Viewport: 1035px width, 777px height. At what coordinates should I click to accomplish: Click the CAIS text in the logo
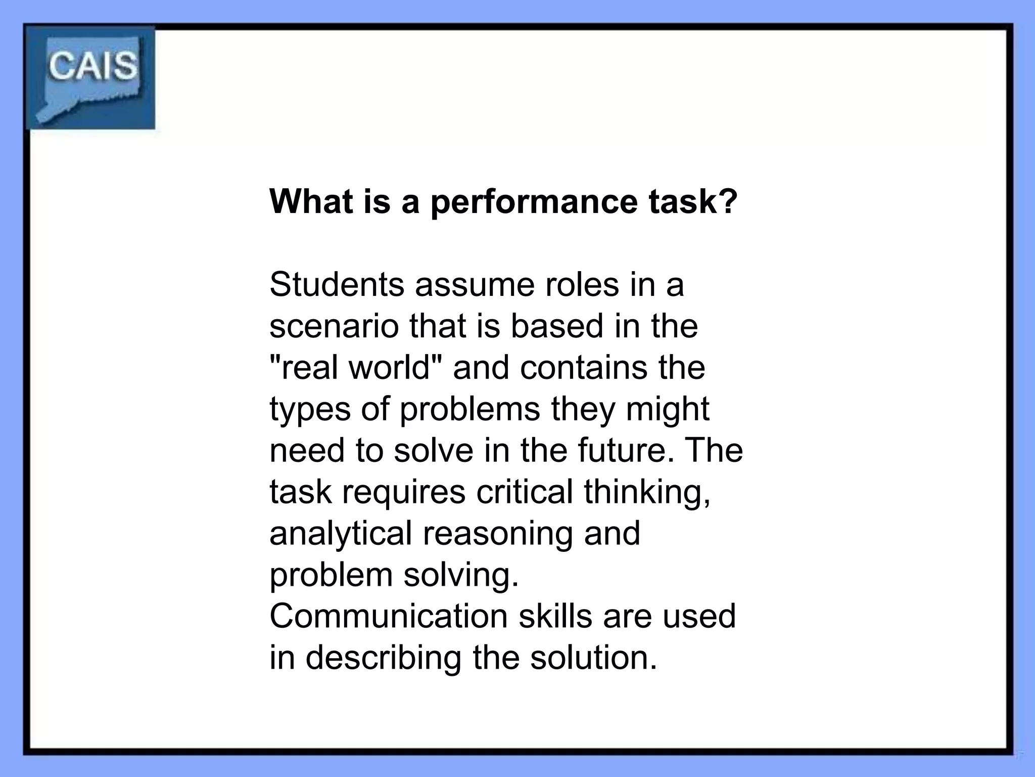point(92,66)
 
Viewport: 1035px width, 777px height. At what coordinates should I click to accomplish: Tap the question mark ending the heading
point(728,201)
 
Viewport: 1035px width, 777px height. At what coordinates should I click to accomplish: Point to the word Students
point(337,284)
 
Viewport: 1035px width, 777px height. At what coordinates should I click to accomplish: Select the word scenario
point(334,326)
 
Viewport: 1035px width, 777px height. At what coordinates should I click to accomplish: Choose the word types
point(310,410)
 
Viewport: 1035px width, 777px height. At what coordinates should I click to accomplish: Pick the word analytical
point(341,534)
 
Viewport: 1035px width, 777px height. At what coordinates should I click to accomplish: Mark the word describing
point(384,658)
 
